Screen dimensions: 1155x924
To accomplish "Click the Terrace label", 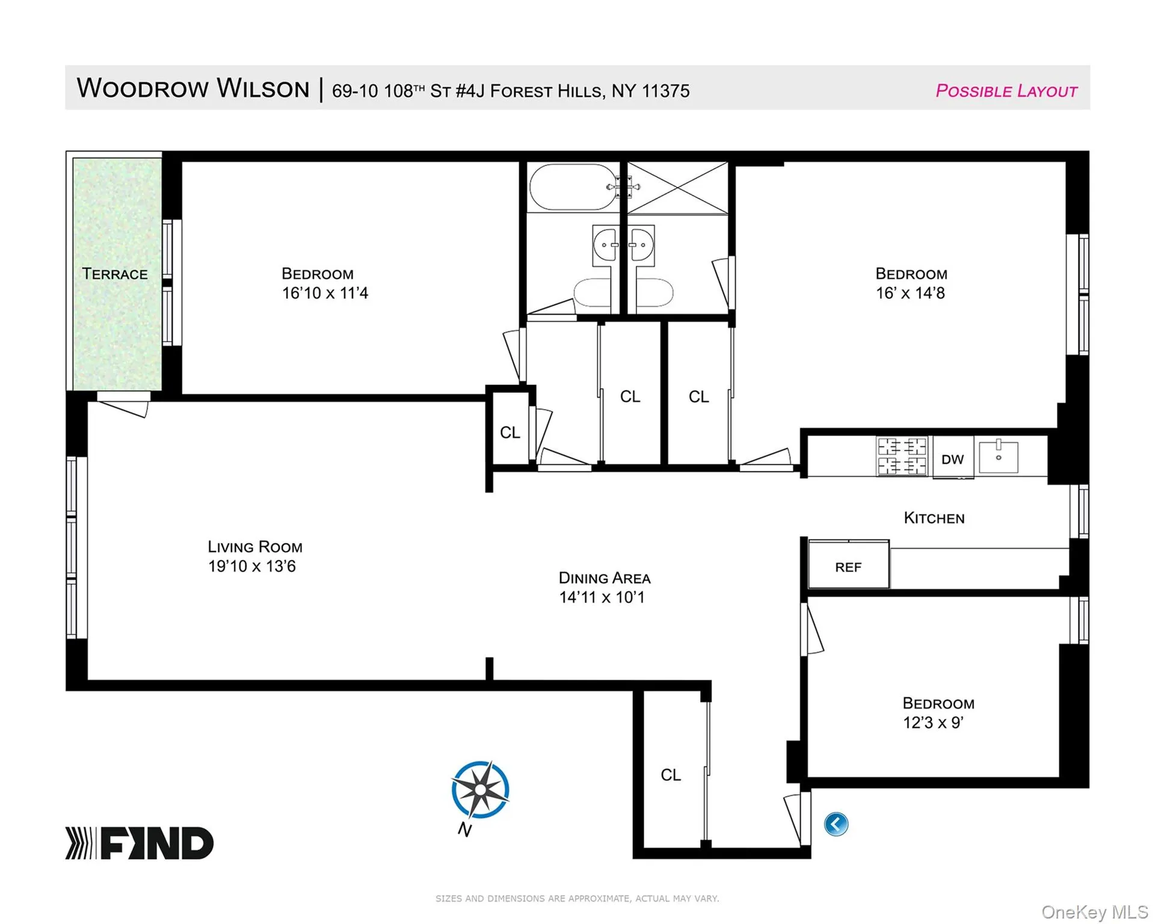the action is [115, 274].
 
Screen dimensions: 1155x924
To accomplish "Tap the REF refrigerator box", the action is [848, 564].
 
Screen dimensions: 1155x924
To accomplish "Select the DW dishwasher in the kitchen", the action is [953, 459].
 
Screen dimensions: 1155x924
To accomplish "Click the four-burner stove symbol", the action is [902, 456].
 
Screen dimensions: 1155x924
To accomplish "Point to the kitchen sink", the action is [999, 457].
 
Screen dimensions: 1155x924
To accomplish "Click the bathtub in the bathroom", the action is [573, 186].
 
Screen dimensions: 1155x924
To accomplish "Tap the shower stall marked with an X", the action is [678, 188].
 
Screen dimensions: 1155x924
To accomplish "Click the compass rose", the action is [480, 790].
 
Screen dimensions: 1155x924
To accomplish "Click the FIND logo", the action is [140, 843].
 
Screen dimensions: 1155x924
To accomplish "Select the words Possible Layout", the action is [1006, 91].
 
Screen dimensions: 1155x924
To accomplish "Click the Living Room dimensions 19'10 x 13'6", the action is [252, 566].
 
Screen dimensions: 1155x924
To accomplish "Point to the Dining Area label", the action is [605, 578].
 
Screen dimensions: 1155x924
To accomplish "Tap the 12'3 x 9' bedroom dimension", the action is [933, 722].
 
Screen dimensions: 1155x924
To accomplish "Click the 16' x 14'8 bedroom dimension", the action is [910, 293].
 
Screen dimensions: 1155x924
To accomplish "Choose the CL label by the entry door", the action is [671, 775].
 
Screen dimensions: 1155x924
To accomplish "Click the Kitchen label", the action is [934, 518].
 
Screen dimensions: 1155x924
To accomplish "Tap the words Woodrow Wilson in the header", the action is [193, 88].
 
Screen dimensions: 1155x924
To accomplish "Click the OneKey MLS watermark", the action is [1095, 912].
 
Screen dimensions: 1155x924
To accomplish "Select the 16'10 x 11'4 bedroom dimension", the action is [325, 293].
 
